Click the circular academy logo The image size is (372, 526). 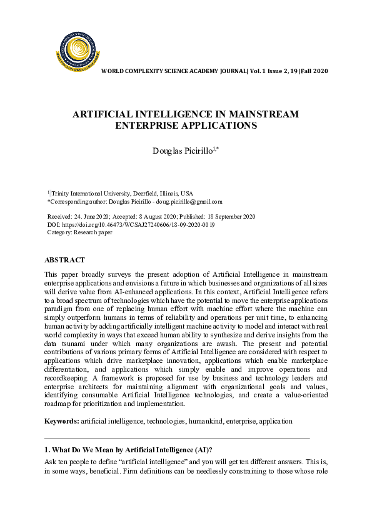pyautogui.click(x=78, y=51)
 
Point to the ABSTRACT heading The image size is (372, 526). pyautogui.click(x=64, y=260)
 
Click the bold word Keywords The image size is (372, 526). pyautogui.click(x=61, y=421)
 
